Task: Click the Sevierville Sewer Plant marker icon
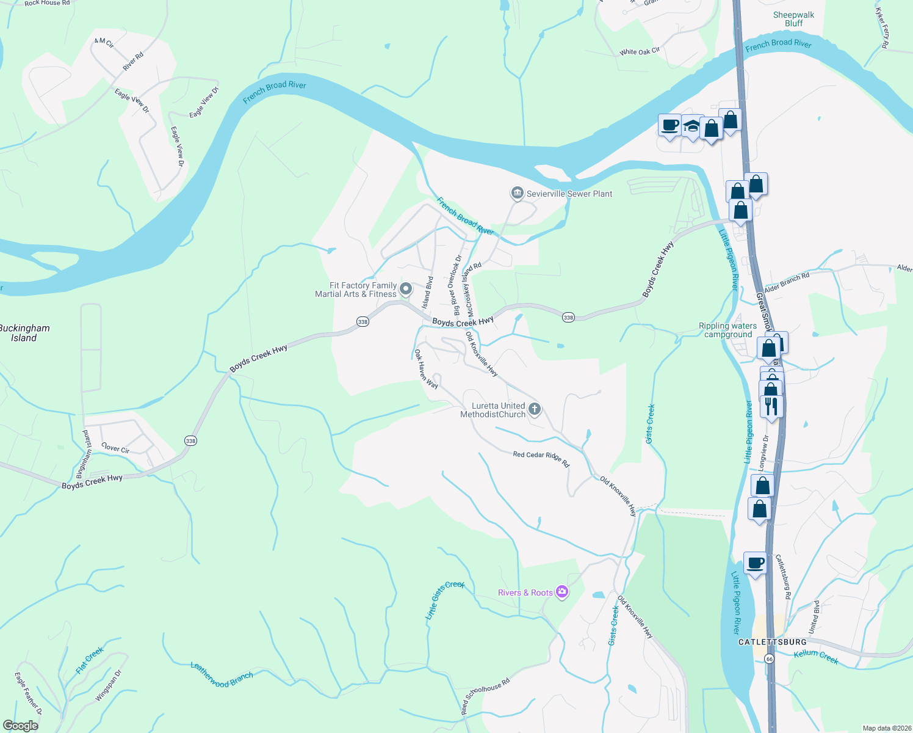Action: click(517, 194)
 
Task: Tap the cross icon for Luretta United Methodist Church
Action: click(535, 409)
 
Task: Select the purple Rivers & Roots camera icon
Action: click(562, 592)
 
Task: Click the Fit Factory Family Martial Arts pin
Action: click(406, 287)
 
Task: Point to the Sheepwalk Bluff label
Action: click(793, 19)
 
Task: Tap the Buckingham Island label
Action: click(24, 333)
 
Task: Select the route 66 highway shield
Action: click(769, 659)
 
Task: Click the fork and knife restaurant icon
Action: click(772, 406)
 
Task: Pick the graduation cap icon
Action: click(691, 126)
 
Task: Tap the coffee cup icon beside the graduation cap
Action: click(669, 125)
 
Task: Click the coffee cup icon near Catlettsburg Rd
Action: click(755, 563)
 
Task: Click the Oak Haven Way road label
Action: click(426, 369)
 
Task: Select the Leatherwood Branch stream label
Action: click(222, 674)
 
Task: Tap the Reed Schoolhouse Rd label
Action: click(485, 696)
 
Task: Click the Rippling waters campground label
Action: click(727, 330)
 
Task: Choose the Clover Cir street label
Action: click(115, 448)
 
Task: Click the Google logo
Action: click(20, 726)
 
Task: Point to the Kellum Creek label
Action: click(816, 657)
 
